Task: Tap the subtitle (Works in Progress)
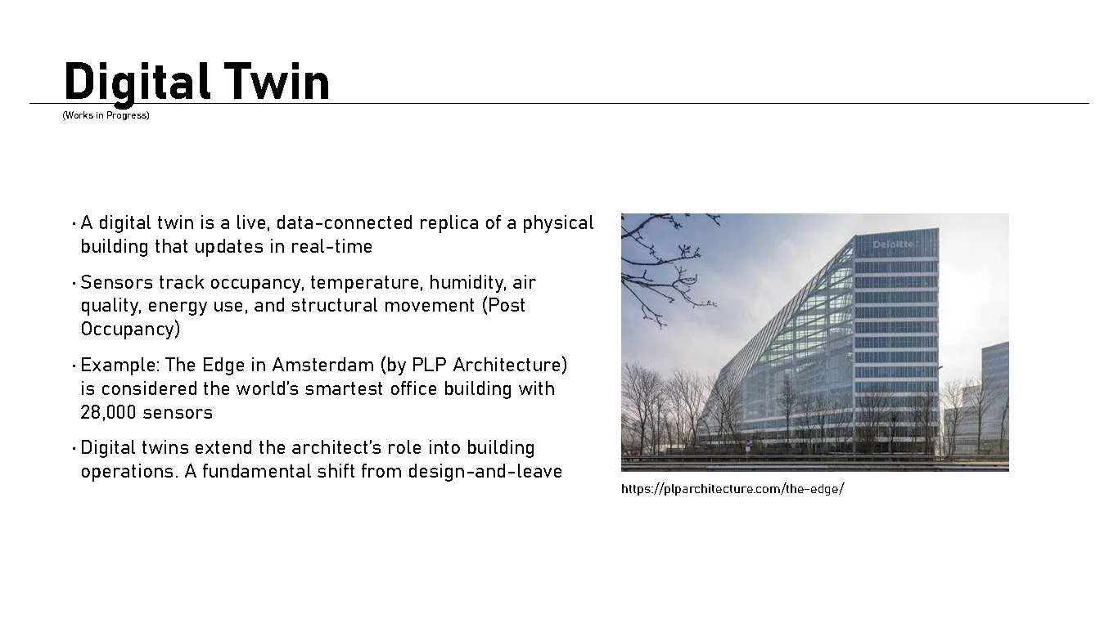pyautogui.click(x=106, y=115)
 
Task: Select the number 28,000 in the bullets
pyautogui.click(x=108, y=412)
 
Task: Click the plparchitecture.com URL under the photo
pyautogui.click(x=733, y=490)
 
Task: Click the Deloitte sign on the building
pyautogui.click(x=893, y=244)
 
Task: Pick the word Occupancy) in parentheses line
pyautogui.click(x=130, y=330)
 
